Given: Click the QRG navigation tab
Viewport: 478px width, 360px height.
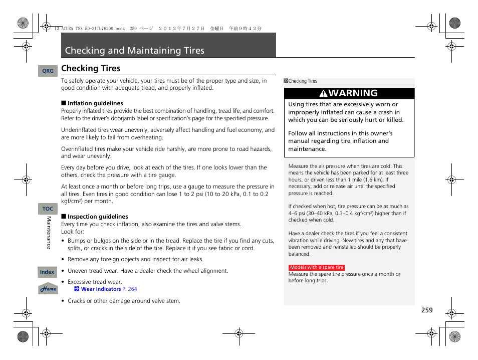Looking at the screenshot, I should tap(48, 71).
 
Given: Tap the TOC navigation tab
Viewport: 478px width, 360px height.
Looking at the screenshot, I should tap(48, 209).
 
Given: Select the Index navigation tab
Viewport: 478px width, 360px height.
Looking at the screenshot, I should tap(47, 272).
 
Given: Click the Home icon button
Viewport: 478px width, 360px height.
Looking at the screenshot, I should tap(48, 289).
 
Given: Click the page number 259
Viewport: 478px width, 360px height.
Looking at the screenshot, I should tap(426, 310).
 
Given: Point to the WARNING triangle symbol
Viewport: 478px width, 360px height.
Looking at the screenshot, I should tap(324, 94).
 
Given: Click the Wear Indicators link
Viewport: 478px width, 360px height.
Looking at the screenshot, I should tap(101, 289).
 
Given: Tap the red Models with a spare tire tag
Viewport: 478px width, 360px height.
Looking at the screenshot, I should tap(317, 268).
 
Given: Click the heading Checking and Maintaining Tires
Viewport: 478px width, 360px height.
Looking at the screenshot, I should tap(135, 51).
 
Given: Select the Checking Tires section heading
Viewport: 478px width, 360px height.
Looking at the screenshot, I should tap(91, 69).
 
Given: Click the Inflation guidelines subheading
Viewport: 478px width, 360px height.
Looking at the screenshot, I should tap(95, 103).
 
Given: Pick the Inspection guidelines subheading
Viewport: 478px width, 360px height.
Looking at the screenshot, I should tap(98, 217).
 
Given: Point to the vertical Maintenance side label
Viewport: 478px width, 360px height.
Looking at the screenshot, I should tap(49, 232).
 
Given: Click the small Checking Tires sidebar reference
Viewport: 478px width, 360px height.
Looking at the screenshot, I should tap(303, 81).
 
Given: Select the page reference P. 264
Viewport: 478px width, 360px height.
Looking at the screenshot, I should tap(129, 289).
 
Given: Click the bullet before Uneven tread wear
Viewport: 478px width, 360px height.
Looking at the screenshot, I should tap(63, 271).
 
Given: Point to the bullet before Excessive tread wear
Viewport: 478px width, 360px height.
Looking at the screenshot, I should tap(63, 282).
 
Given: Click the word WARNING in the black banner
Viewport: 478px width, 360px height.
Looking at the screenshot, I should tap(354, 93).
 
